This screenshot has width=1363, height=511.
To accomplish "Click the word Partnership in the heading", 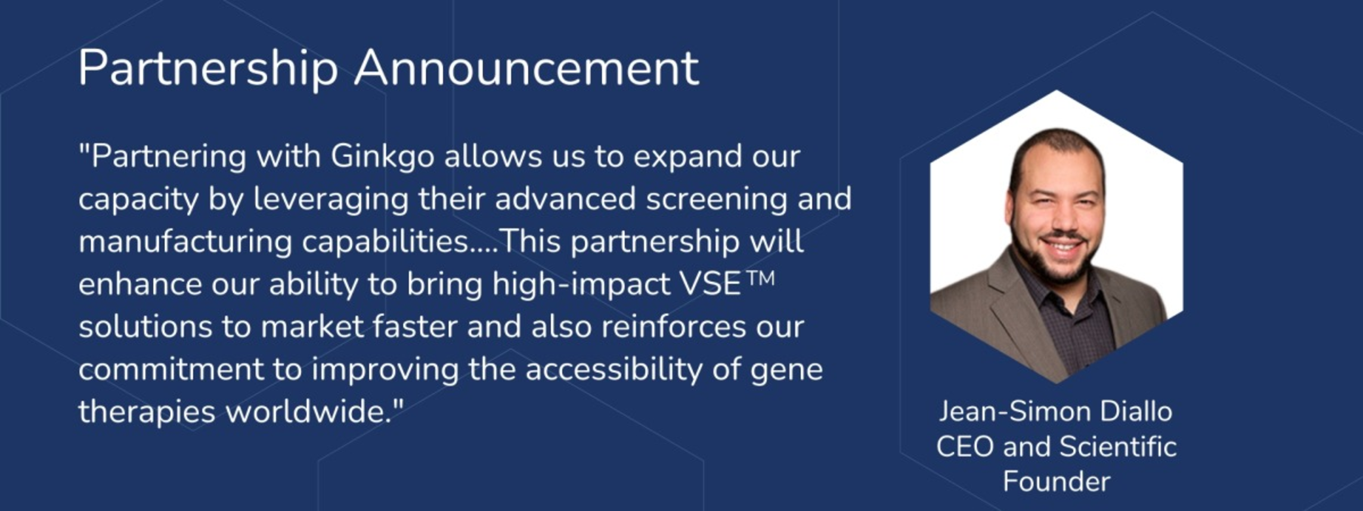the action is tap(208, 69).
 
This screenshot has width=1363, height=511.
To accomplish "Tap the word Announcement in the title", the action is tap(526, 68).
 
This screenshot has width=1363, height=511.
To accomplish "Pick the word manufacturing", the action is tap(185, 242).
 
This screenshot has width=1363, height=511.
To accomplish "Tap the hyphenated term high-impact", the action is tap(581, 285).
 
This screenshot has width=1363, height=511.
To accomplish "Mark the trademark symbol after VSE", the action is tap(759, 279).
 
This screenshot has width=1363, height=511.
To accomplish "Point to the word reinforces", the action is tap(673, 327).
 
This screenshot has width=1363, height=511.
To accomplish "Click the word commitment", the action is tap(171, 370).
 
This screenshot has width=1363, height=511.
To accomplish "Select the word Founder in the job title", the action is tap(1057, 481).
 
